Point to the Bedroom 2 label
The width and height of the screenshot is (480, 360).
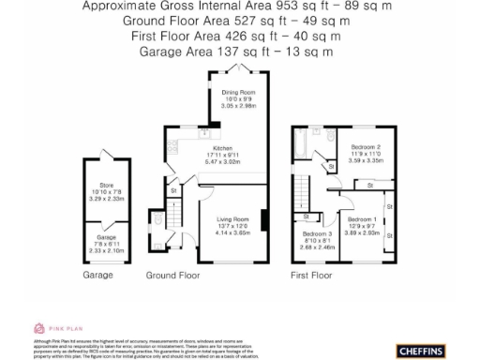[x=366, y=147]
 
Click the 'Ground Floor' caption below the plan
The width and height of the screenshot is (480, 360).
[x=172, y=276]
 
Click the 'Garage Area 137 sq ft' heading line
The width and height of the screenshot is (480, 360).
[x=235, y=52]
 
